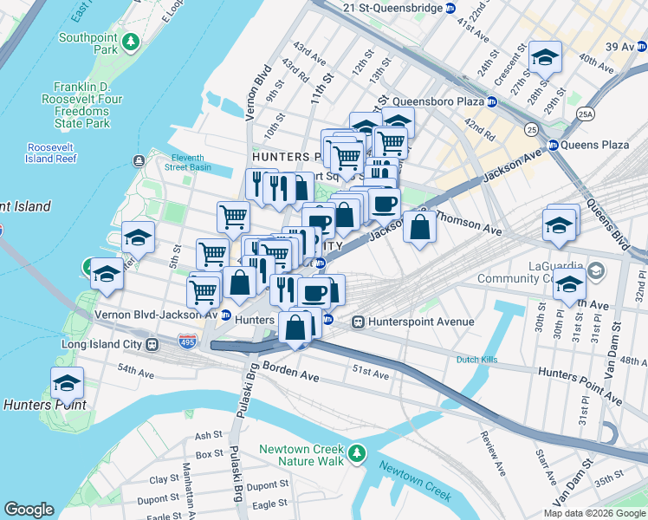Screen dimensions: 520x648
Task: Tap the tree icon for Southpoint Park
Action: click(130, 41)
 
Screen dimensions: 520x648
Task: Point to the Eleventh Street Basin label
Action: click(188, 161)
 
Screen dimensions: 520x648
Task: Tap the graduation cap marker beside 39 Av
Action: click(544, 58)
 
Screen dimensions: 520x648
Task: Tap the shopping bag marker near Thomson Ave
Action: click(419, 228)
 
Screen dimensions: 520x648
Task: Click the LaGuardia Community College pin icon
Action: click(595, 271)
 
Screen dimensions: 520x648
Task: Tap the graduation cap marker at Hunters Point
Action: click(67, 382)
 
